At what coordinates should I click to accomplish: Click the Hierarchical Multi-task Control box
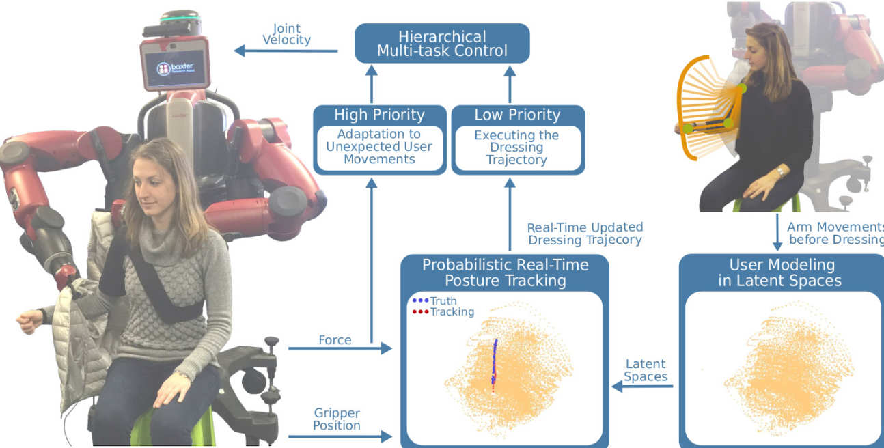[x=443, y=43]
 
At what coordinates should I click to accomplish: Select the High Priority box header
[x=379, y=115]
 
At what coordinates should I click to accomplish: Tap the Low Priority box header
[x=517, y=115]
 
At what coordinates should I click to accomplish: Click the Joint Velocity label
[x=286, y=34]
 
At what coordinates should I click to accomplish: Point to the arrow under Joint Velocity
[x=286, y=51]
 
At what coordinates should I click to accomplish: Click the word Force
[x=335, y=339]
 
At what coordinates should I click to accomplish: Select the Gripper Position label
[x=337, y=419]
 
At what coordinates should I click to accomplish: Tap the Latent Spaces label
[x=646, y=370]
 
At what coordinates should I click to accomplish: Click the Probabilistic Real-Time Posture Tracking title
[x=505, y=272]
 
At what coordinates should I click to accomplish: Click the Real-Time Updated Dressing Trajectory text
[x=585, y=234]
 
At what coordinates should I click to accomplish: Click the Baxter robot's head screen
[x=174, y=66]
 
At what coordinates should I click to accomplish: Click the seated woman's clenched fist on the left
[x=29, y=320]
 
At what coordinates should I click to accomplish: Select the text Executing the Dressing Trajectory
[x=516, y=148]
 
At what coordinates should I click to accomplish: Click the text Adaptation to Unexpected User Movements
[x=379, y=147]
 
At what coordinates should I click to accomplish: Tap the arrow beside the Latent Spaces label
[x=642, y=387]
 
